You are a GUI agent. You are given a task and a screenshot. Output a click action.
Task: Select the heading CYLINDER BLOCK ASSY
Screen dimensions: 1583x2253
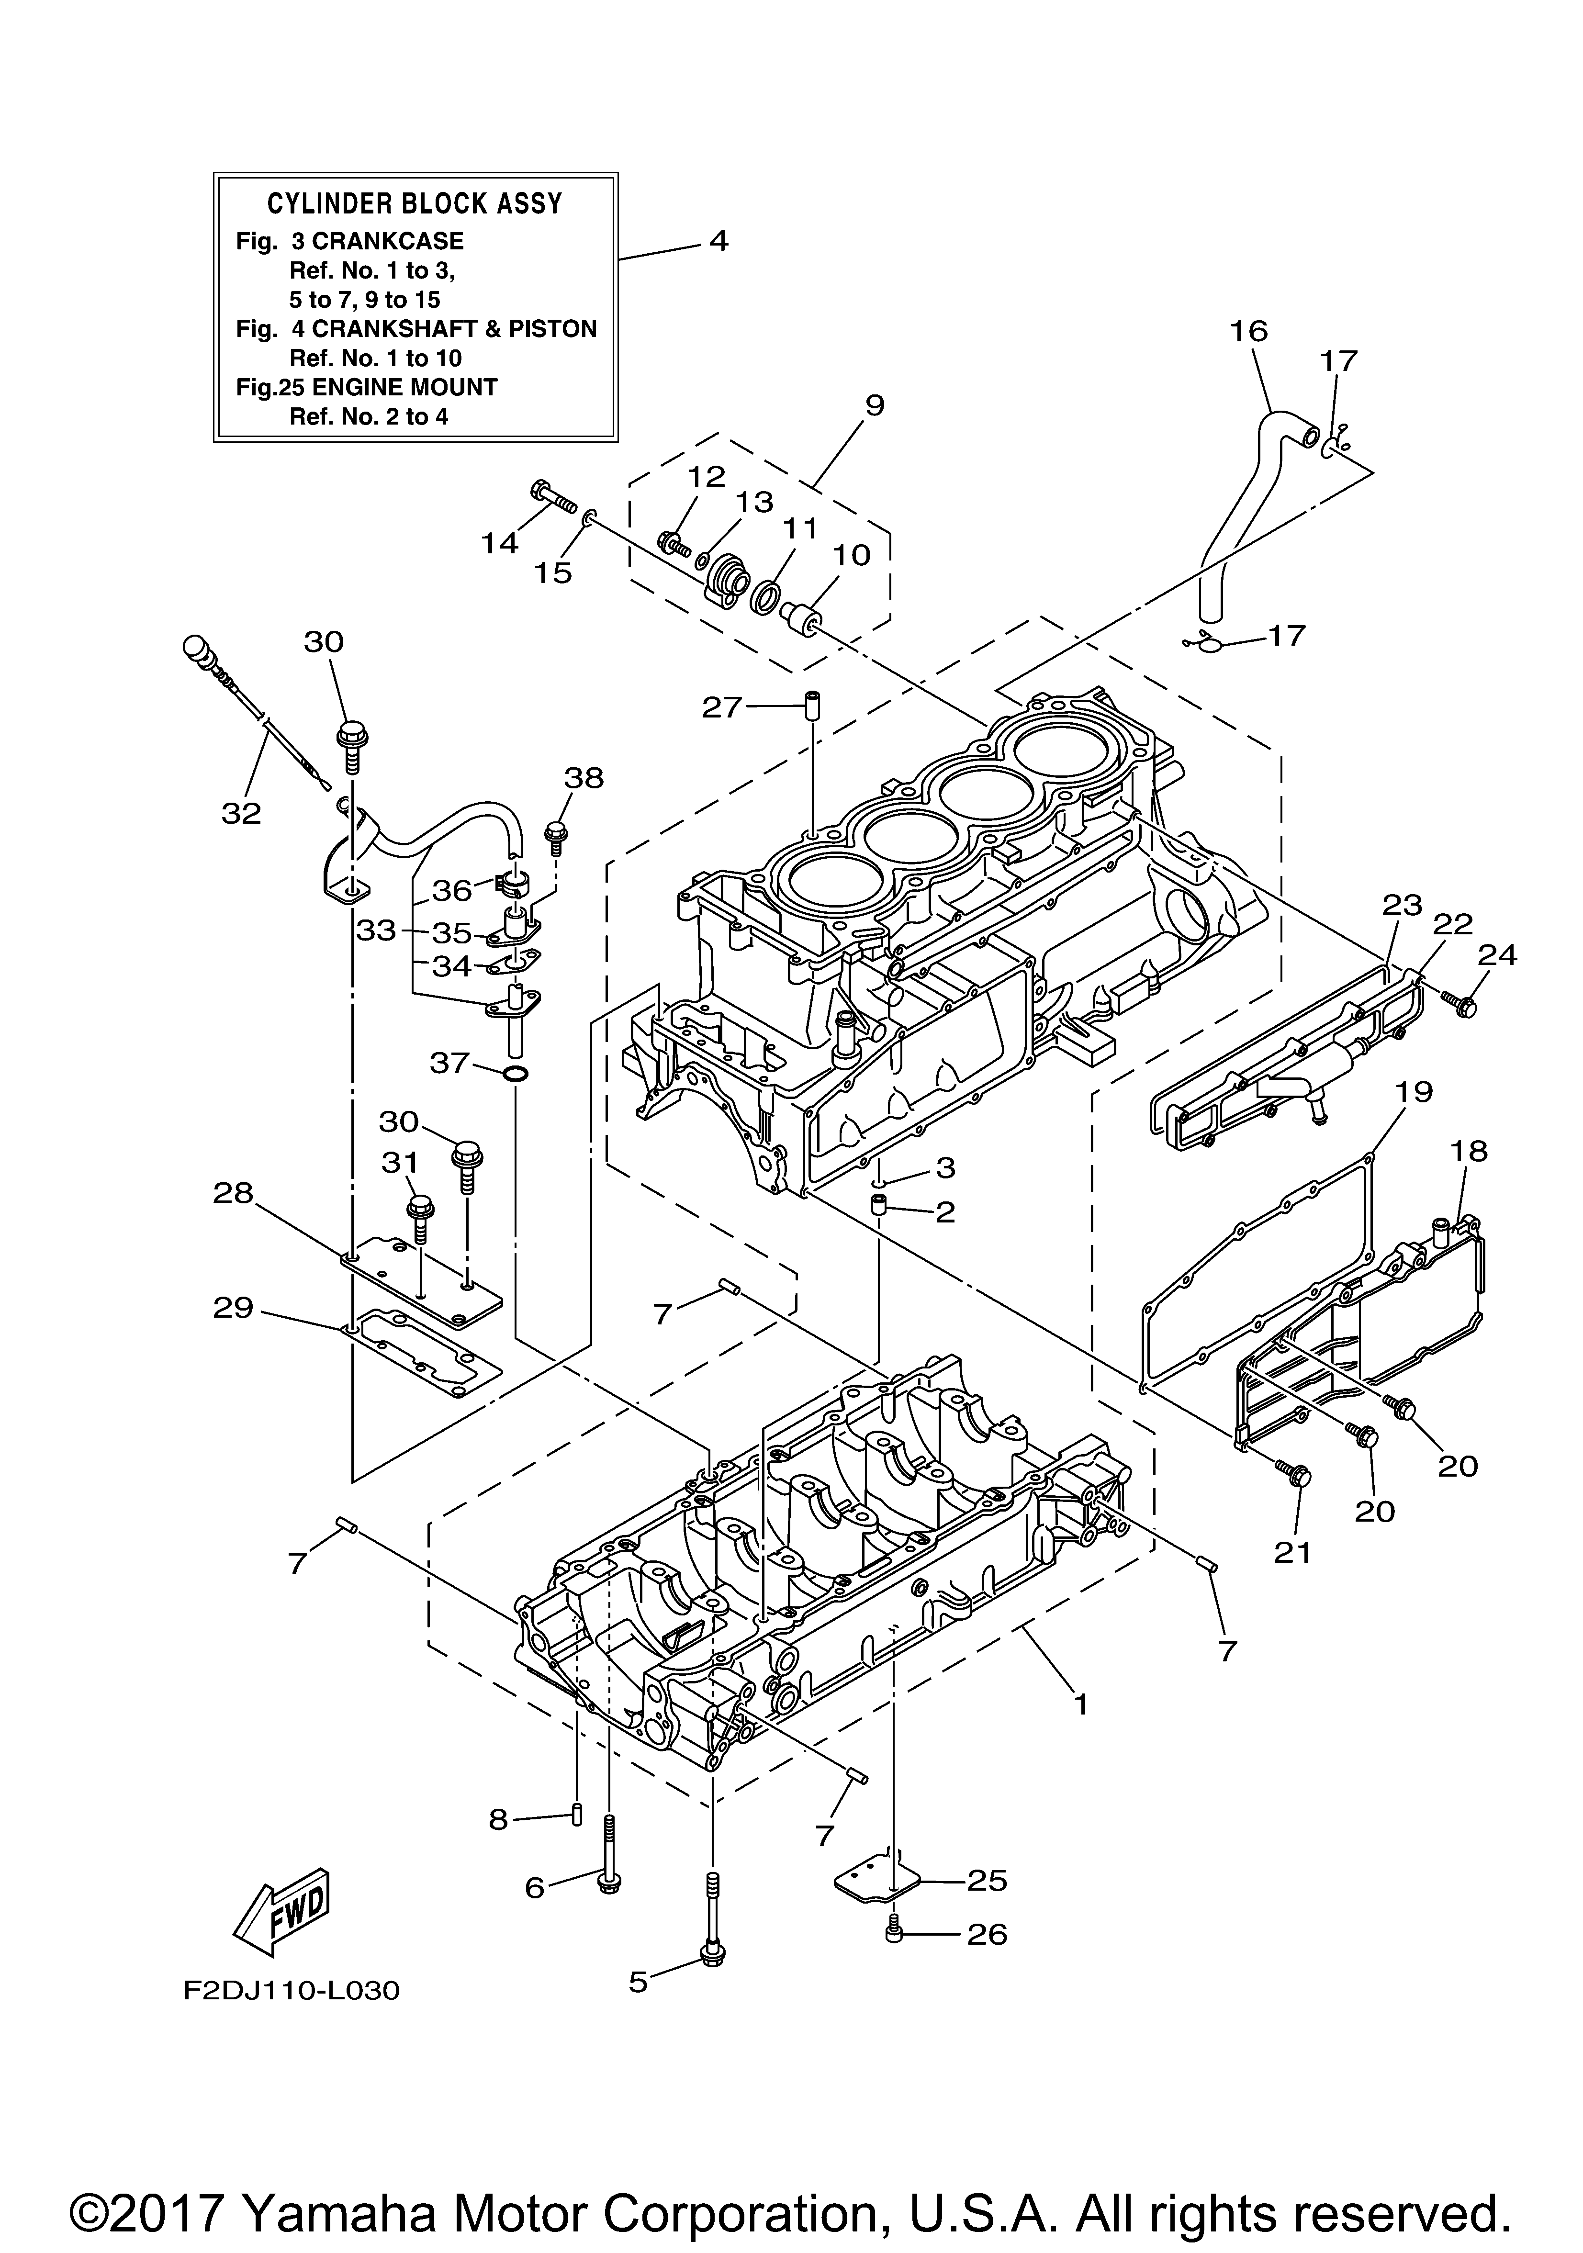pyautogui.click(x=415, y=204)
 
